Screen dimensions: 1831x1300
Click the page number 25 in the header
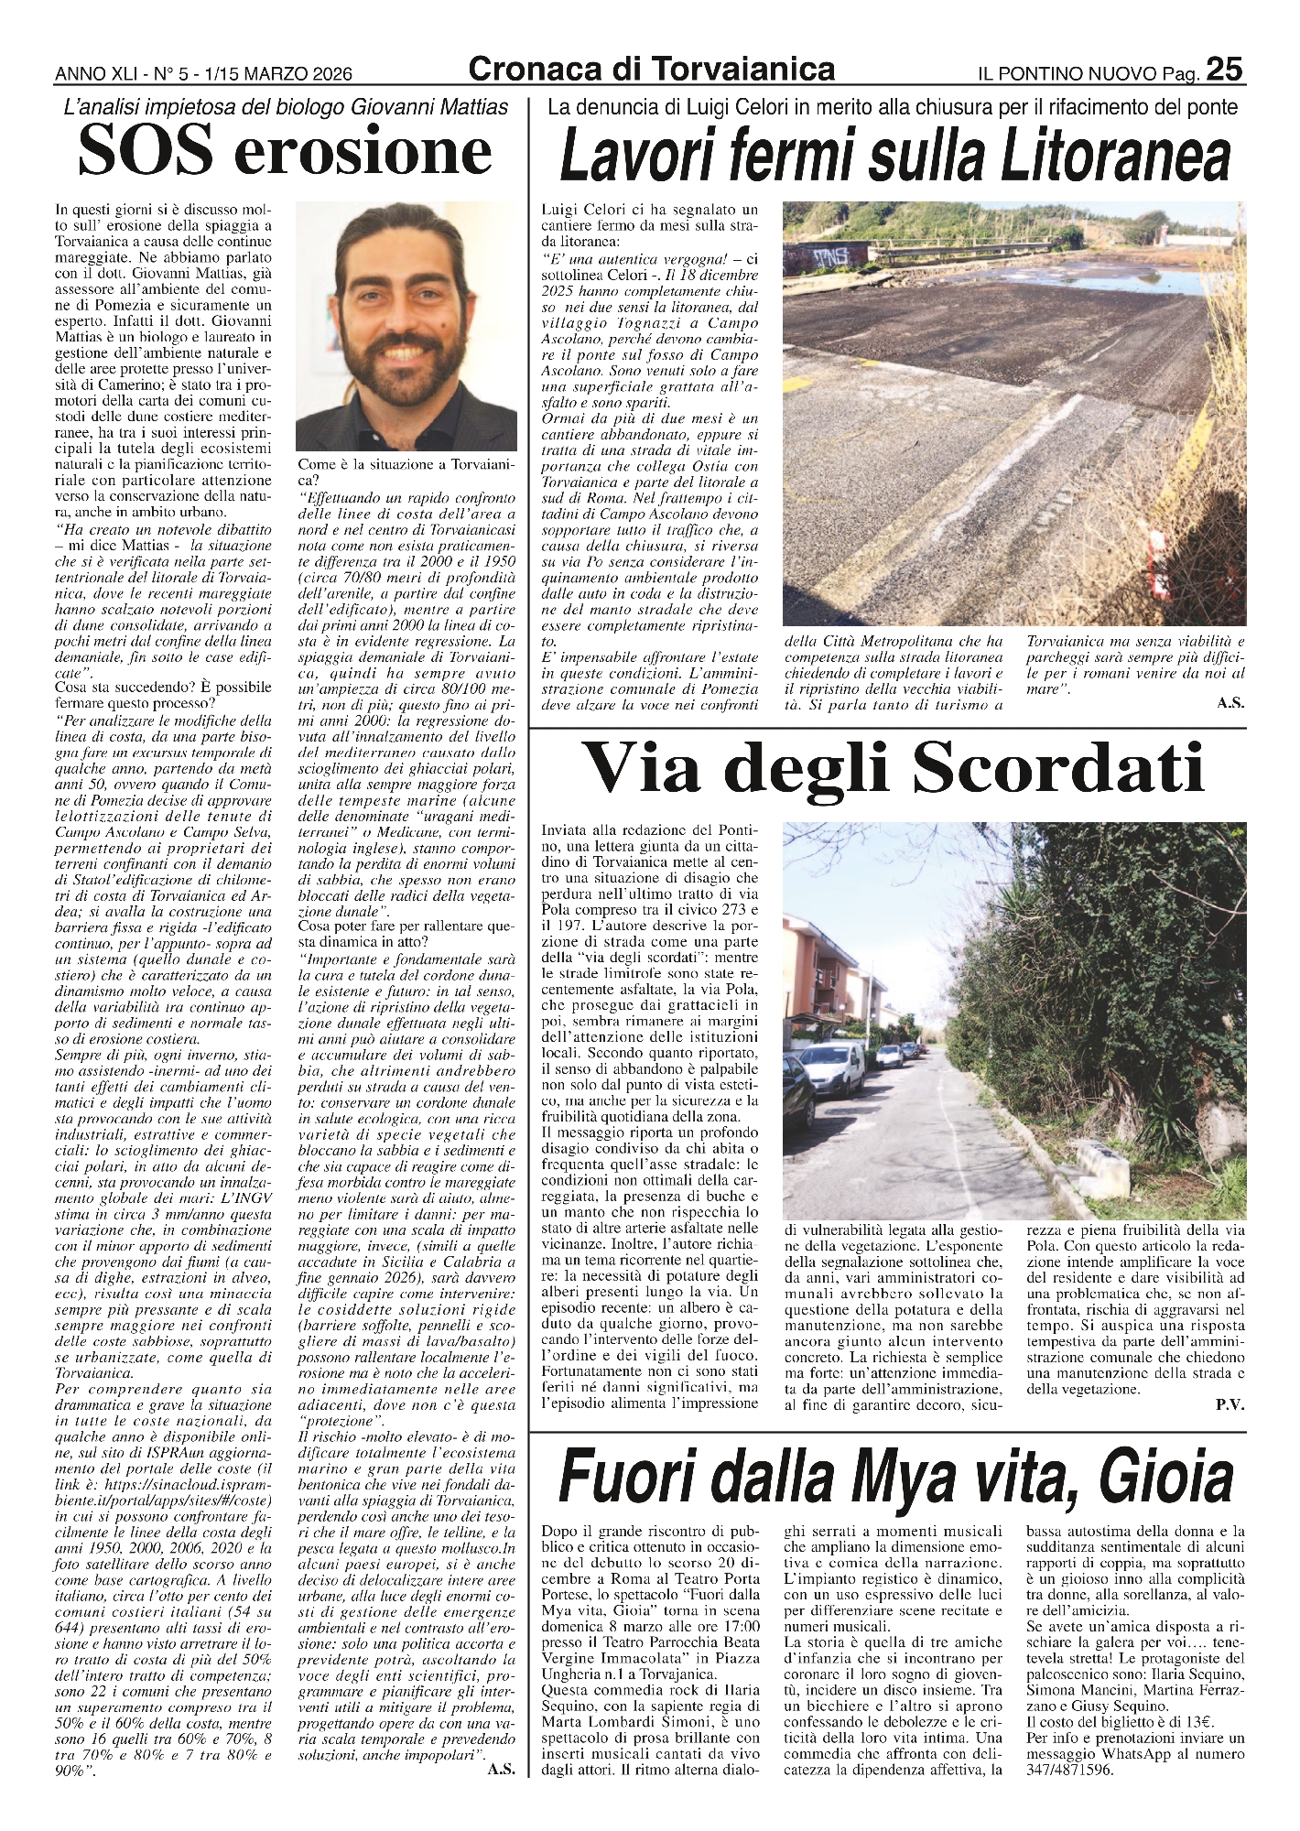coord(1224,70)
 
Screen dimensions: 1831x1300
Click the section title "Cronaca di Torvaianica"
coord(651,69)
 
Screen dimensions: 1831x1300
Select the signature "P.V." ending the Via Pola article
coord(1230,1430)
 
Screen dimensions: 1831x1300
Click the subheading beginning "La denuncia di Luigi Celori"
coord(893,107)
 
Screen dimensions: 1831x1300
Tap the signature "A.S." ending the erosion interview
coord(501,1770)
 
